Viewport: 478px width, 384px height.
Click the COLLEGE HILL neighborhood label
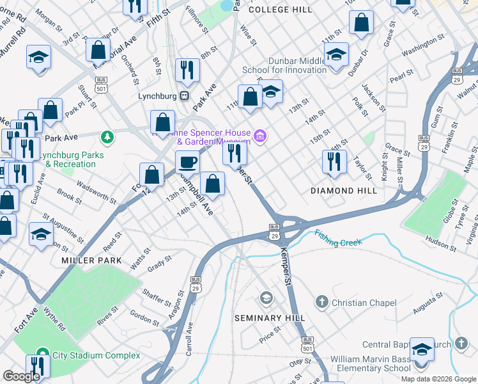point(281,10)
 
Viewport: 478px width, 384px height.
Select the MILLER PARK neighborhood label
point(91,260)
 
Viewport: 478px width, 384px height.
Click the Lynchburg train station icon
point(184,96)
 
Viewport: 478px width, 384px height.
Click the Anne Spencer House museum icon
point(259,135)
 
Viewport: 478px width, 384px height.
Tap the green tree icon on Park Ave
point(108,136)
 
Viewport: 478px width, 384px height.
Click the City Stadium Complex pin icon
point(42,353)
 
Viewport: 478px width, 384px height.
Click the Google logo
point(21,376)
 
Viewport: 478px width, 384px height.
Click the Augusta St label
point(428,304)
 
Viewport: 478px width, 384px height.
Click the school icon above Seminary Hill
point(266,298)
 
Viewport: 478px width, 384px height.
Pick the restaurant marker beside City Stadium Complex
point(40,366)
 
